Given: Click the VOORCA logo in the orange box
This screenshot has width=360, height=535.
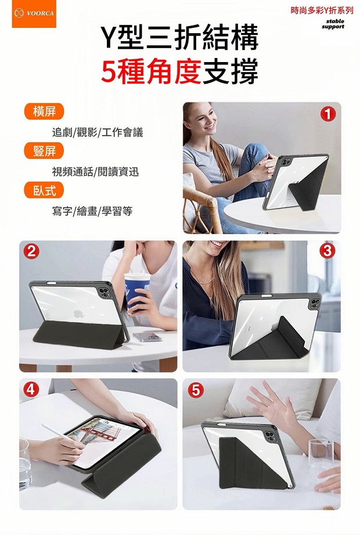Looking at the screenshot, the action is (x=34, y=14).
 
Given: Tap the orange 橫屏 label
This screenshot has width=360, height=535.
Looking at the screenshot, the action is (x=44, y=111).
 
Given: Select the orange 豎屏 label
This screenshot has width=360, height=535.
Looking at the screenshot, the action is (x=44, y=151).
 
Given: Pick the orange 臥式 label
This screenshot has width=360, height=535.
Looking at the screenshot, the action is (x=44, y=190).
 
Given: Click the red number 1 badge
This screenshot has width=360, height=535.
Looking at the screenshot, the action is (x=328, y=114).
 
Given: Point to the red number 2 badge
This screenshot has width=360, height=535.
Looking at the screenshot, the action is (x=31, y=252).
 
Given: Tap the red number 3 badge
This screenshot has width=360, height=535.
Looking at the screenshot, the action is (x=327, y=251).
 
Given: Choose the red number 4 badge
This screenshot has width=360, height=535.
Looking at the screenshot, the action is (x=31, y=389).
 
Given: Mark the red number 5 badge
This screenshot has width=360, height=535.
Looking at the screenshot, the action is (x=196, y=390).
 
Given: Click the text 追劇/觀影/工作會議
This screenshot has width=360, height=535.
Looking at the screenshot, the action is (x=98, y=132).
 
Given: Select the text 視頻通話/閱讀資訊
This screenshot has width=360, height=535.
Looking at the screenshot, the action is (x=95, y=171).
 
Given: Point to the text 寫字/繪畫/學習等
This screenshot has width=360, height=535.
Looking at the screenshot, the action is (x=92, y=211).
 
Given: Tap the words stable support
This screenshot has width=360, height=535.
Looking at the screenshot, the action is (x=333, y=24).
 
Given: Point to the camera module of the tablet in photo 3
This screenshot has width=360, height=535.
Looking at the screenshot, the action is (x=314, y=303).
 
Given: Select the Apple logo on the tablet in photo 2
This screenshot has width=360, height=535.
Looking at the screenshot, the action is (x=79, y=313).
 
